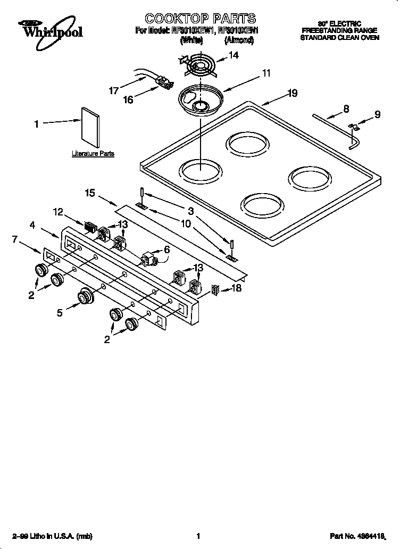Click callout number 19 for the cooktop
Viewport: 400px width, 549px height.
tap(292, 94)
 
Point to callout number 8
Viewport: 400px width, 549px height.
tap(346, 109)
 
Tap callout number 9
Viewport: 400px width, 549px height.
tap(377, 114)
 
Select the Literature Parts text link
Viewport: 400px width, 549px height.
tap(93, 154)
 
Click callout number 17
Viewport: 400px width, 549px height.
tap(114, 90)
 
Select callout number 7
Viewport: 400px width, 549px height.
tap(15, 239)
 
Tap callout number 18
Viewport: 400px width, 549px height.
tap(237, 289)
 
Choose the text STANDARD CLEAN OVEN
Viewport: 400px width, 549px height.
tap(339, 38)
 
